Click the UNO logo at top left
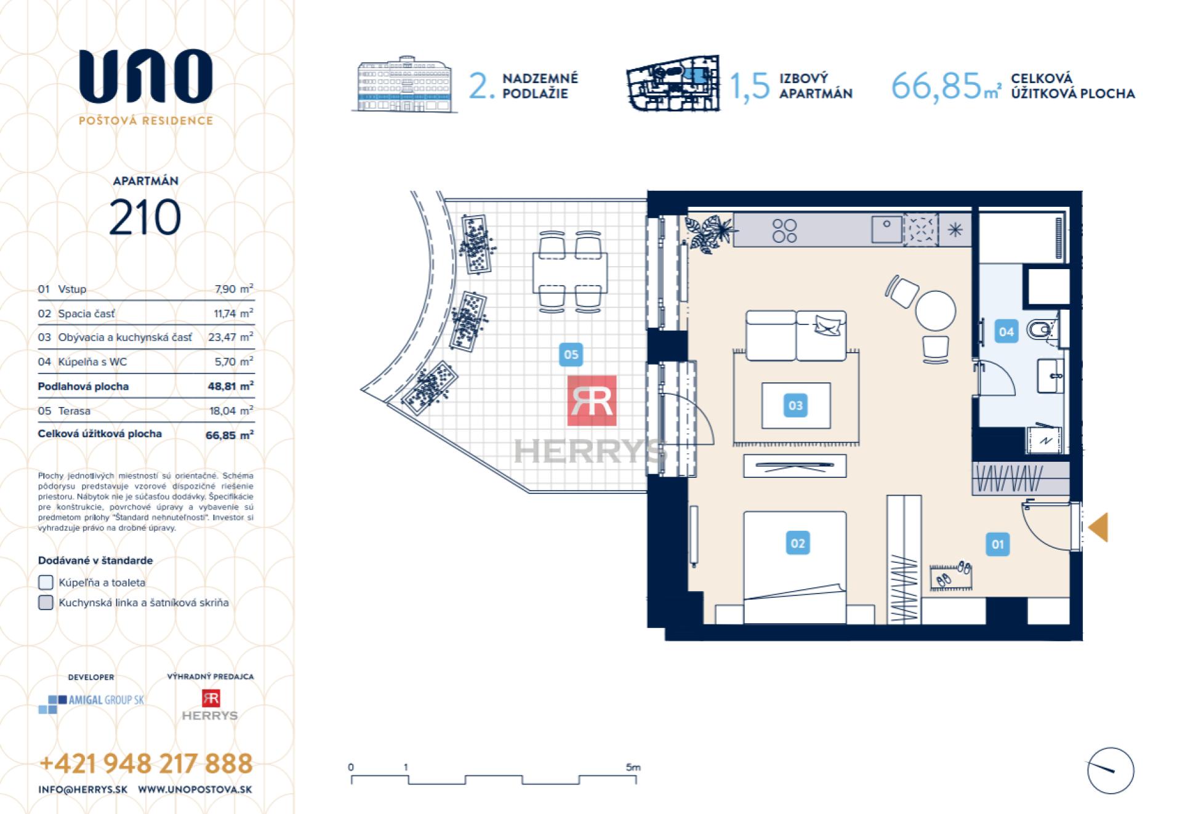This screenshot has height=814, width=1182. (x=145, y=77)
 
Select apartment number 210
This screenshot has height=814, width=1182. (x=145, y=217)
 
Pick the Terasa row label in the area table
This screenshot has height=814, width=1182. (x=74, y=411)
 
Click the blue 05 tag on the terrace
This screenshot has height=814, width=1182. (x=571, y=355)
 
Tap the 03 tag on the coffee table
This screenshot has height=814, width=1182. (x=795, y=406)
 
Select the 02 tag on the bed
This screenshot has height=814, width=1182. (x=797, y=543)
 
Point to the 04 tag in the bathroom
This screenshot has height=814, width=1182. (x=1006, y=332)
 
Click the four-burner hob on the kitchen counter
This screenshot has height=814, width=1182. (x=784, y=230)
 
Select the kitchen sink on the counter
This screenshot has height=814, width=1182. (x=886, y=230)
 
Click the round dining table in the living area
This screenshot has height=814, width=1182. (x=935, y=310)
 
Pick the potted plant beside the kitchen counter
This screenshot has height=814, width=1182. (x=709, y=233)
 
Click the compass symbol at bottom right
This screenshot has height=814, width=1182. (x=1110, y=770)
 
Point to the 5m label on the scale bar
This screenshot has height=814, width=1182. (x=633, y=767)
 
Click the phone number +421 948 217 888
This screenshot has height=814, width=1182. (x=146, y=764)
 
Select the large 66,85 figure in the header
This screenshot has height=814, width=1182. (x=935, y=86)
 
